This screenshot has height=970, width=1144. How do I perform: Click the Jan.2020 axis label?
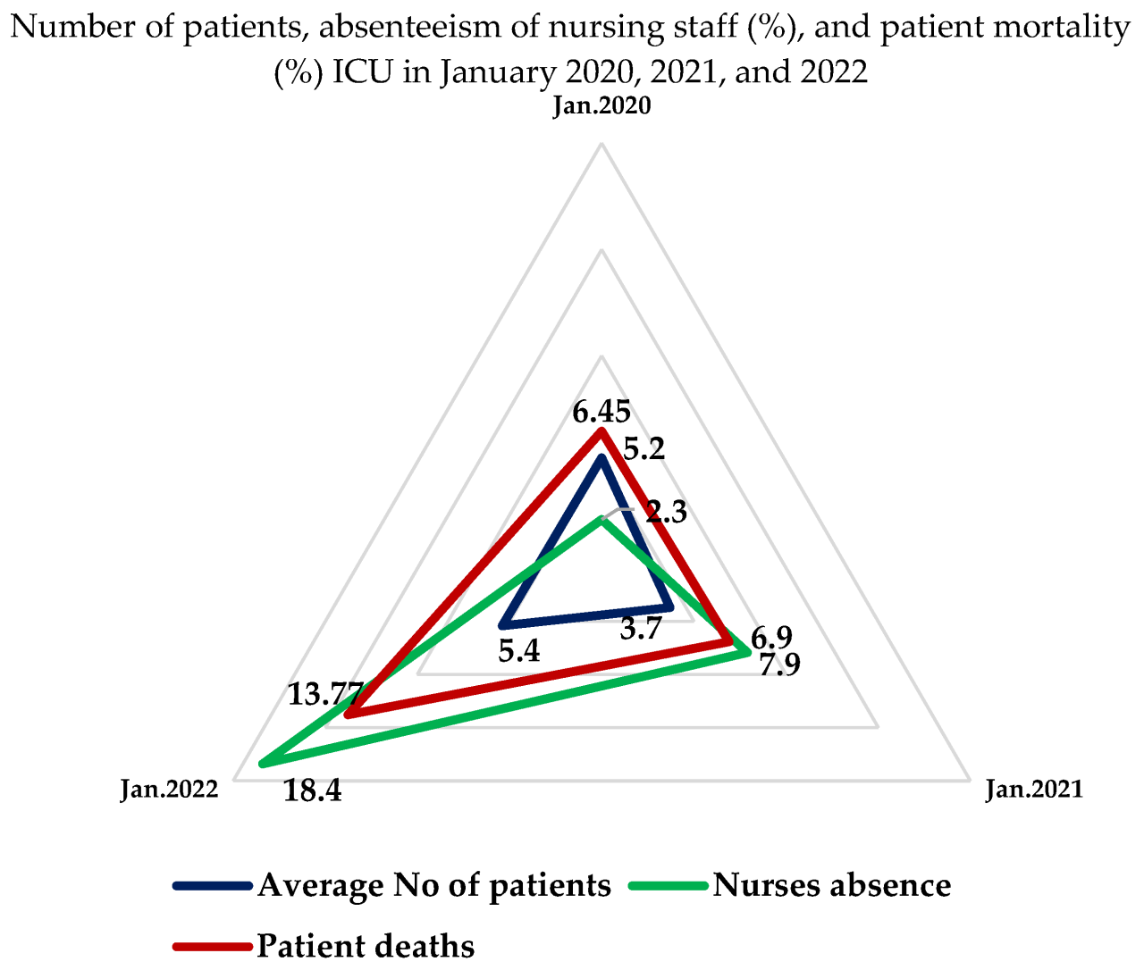coord(601,106)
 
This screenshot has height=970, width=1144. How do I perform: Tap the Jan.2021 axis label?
coord(1034,790)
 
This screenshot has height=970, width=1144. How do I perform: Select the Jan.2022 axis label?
coord(169,790)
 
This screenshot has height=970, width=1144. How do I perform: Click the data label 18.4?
coord(313,790)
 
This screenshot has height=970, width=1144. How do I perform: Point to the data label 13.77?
coord(325,693)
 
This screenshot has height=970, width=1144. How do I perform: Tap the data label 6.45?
coord(601,413)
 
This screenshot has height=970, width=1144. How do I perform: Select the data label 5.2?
coord(643,449)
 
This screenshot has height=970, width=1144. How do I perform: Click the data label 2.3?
coord(667,512)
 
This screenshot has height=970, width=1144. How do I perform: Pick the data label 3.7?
coord(641,630)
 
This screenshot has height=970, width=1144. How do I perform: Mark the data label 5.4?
coord(518,651)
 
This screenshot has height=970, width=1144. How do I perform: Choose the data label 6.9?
coord(770,638)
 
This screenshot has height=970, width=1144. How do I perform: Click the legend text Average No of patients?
coord(434,885)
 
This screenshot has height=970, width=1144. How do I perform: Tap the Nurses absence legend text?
coord(832,885)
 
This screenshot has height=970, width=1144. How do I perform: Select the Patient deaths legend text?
coord(366,945)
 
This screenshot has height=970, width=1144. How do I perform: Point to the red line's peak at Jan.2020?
coord(601,432)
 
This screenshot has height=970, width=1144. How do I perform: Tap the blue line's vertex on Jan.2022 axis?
coord(505,623)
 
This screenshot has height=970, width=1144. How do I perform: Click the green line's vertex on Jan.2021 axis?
coord(746,653)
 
